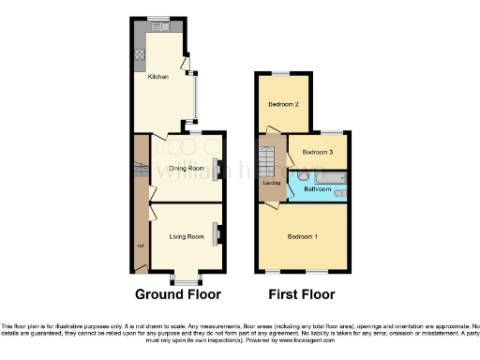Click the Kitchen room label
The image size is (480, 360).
[x=157, y=77]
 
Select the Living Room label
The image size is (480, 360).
[x=187, y=236]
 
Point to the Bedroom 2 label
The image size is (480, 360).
[x=283, y=104]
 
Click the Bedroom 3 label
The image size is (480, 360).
[x=318, y=152]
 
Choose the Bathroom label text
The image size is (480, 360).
[x=318, y=189]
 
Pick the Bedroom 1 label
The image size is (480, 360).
[x=303, y=235]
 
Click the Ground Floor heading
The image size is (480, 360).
[x=178, y=293]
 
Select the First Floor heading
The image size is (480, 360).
[x=302, y=293]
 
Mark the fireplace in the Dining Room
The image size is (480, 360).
[x=217, y=169]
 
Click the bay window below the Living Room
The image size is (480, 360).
[x=185, y=278]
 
